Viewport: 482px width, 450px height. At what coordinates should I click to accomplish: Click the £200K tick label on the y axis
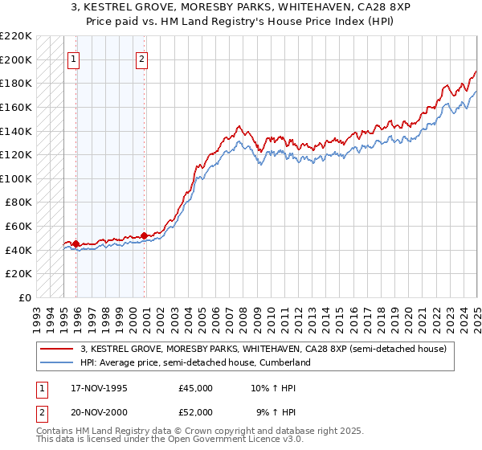click(x=16, y=59)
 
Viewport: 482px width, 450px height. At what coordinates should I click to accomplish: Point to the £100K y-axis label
click(x=16, y=178)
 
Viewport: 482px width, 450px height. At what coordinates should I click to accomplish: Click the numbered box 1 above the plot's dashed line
click(x=74, y=58)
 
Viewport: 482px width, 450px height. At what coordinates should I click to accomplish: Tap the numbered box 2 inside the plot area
click(x=142, y=58)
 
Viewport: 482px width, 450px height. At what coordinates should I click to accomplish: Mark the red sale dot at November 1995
click(x=76, y=243)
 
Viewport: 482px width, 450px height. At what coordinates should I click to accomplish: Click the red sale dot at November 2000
click(x=145, y=235)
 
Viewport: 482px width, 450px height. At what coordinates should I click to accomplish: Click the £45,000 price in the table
click(x=196, y=388)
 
